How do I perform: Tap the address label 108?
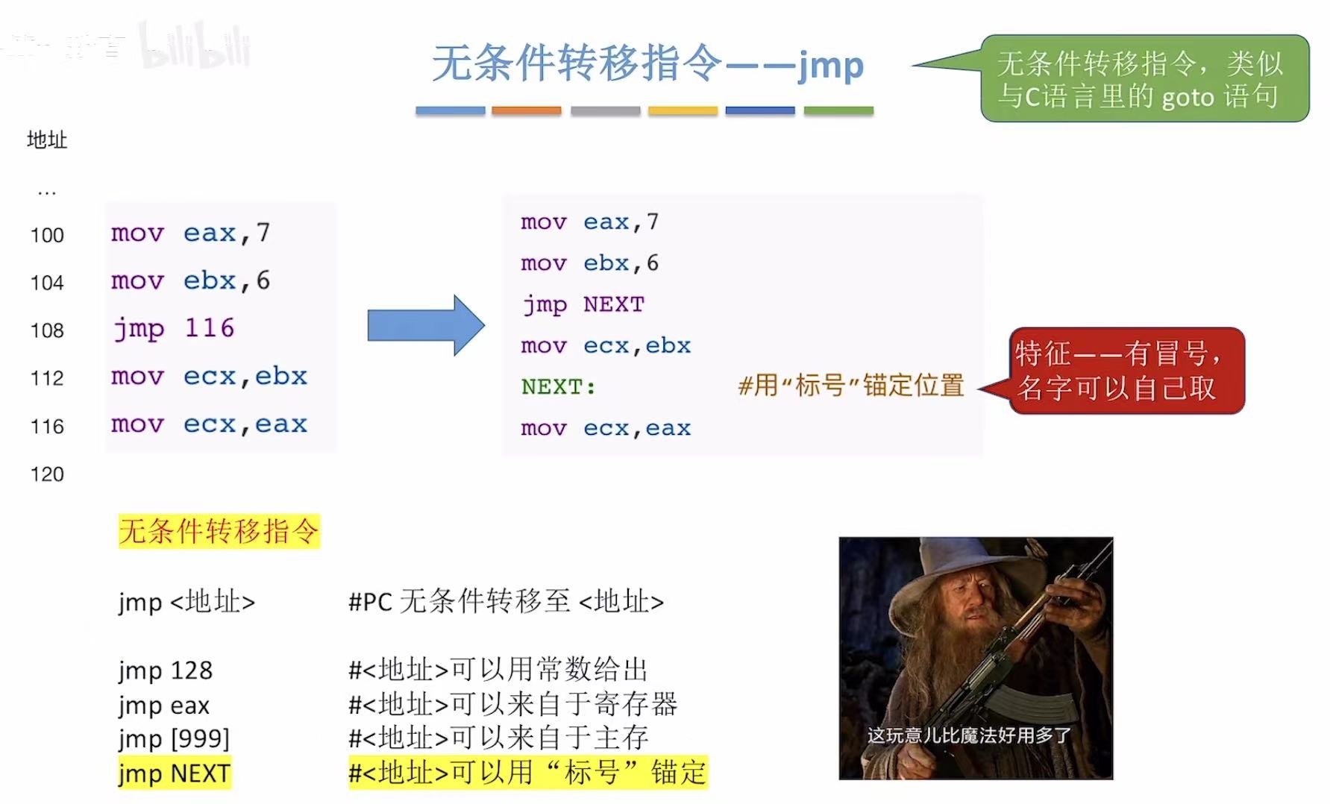[x=47, y=330]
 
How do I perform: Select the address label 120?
[x=47, y=474]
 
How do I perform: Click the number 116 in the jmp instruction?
[x=210, y=328]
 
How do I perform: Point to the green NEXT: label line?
[x=558, y=387]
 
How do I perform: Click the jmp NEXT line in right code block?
[x=583, y=304]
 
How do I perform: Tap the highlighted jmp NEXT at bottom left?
[x=175, y=773]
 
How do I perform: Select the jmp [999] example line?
[x=174, y=738]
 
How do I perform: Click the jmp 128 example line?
[x=166, y=670]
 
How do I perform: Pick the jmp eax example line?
[x=164, y=705]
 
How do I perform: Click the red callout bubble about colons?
[x=1126, y=371]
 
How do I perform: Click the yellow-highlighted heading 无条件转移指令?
[x=219, y=531]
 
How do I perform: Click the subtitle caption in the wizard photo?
[x=969, y=736]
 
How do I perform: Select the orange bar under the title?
[x=526, y=110]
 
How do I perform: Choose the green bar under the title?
[x=838, y=110]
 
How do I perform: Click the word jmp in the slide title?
[x=830, y=66]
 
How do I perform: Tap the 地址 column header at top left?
[x=47, y=139]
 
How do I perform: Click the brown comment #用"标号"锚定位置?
[x=851, y=386]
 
